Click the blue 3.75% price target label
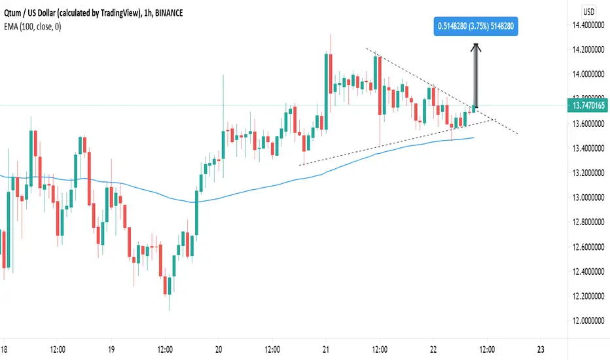coord(476,26)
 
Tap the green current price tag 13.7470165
coord(588,105)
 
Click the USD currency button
coord(588,12)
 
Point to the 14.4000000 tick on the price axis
coord(588,26)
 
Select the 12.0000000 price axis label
coord(588,321)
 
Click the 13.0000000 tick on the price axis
coord(588,198)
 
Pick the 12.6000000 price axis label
coord(588,247)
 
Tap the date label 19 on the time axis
coord(111,350)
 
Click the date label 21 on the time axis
coord(326,350)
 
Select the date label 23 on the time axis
coord(541,350)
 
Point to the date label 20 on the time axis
coord(219,350)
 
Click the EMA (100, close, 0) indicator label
coord(32,26)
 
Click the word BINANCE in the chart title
coord(169,13)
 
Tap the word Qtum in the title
coord(12,13)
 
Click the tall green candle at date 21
coord(326,92)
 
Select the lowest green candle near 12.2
coord(170,285)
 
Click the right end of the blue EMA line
coord(474,137)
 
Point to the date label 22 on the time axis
coord(433,350)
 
